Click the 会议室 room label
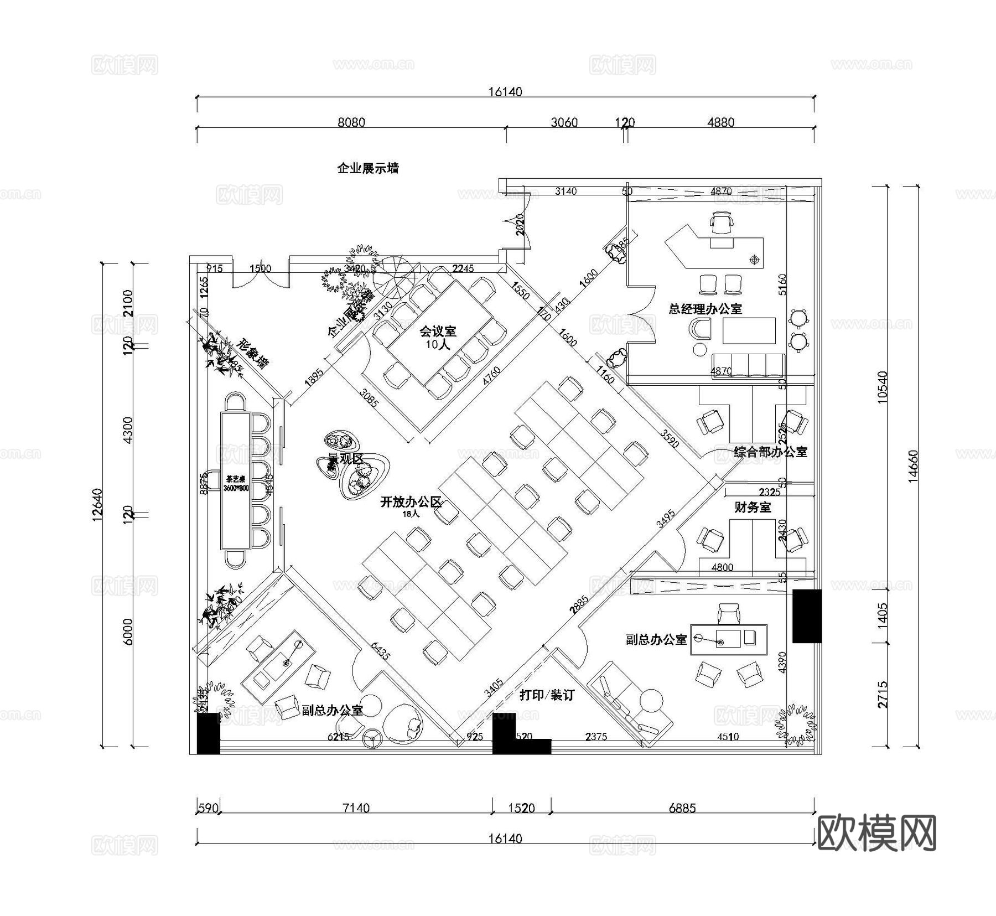[x=438, y=332]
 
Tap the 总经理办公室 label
[x=705, y=309]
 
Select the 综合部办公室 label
[x=770, y=452]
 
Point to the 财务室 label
[x=753, y=507]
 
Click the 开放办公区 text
[x=411, y=503]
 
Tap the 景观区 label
[x=346, y=458]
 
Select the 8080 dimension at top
[x=351, y=122]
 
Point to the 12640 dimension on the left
[x=97, y=504]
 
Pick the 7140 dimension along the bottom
[x=356, y=808]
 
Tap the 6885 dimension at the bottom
[x=682, y=808]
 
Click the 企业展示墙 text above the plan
[x=368, y=168]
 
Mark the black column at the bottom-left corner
[x=209, y=733]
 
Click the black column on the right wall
[x=807, y=615]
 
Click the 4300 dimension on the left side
[x=128, y=429]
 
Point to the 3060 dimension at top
[x=564, y=122]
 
